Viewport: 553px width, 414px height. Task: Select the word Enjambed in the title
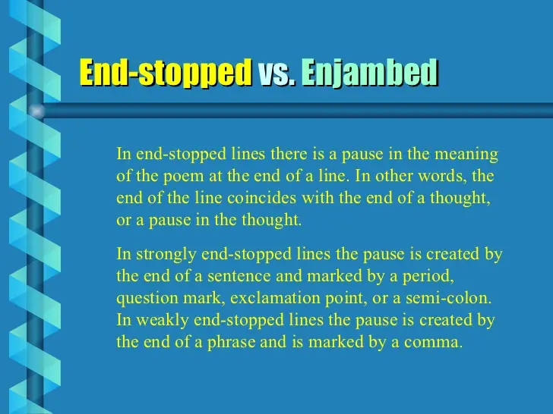(x=370, y=73)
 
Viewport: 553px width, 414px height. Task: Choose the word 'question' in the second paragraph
(x=146, y=298)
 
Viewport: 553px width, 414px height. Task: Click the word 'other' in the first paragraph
(x=395, y=177)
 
